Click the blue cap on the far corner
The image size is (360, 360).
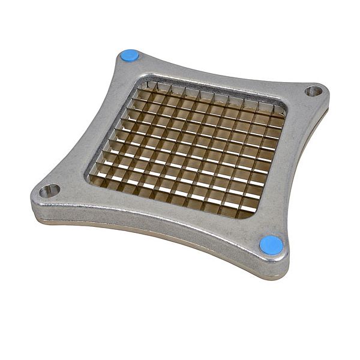click(129, 56)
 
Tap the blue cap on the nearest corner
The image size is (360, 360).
click(271, 244)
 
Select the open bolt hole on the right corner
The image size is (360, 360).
click(313, 91)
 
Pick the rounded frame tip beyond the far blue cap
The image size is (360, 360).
click(120, 53)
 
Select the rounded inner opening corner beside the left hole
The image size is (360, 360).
click(90, 178)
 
